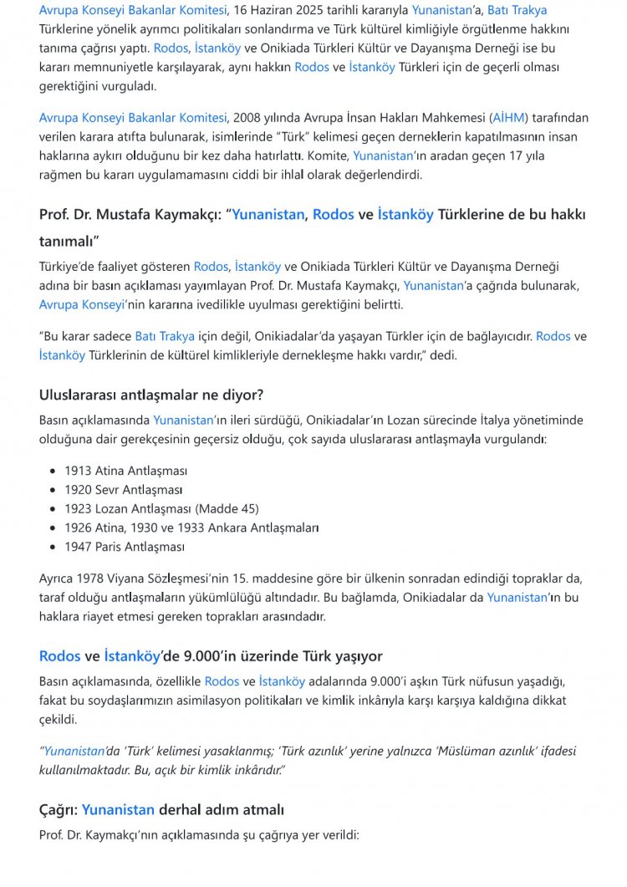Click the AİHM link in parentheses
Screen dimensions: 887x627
[508, 118]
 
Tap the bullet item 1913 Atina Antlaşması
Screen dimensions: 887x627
[125, 471]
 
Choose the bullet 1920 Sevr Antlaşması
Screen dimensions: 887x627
[123, 490]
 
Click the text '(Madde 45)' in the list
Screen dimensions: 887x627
[227, 508]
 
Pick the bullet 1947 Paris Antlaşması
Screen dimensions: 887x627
[125, 547]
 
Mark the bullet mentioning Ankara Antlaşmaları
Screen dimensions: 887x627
[191, 528]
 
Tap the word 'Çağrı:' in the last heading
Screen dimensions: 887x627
[59, 810]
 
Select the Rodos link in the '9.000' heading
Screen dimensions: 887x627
[60, 656]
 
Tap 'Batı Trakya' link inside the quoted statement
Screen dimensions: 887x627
[165, 336]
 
